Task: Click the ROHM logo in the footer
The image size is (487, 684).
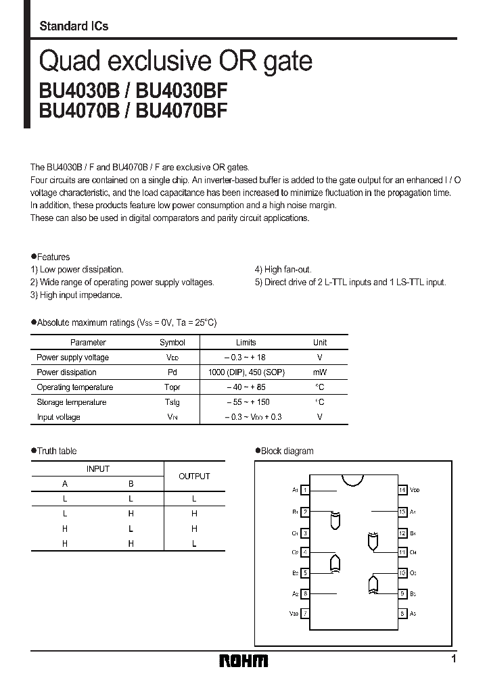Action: click(243, 660)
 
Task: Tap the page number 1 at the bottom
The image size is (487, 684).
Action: click(453, 659)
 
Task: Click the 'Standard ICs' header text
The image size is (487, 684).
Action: click(74, 26)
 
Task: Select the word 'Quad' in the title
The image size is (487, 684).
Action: click(69, 62)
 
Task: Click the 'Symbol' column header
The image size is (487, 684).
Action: click(172, 343)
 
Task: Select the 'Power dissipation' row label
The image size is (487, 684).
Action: click(66, 372)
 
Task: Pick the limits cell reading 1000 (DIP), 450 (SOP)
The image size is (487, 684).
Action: click(246, 372)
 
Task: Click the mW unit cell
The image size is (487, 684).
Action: click(320, 372)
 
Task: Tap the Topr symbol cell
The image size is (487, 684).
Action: click(172, 387)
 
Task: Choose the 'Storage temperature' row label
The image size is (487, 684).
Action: click(71, 402)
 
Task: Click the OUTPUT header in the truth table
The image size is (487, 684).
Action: click(194, 477)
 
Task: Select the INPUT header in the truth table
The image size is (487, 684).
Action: click(97, 468)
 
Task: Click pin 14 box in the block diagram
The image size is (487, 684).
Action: click(402, 489)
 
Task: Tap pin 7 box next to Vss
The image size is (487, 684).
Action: click(306, 614)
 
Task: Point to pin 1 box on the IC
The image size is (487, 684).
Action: click(306, 489)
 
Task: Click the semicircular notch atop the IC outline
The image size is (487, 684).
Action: click(354, 480)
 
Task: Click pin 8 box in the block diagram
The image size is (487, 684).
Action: click(402, 614)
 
